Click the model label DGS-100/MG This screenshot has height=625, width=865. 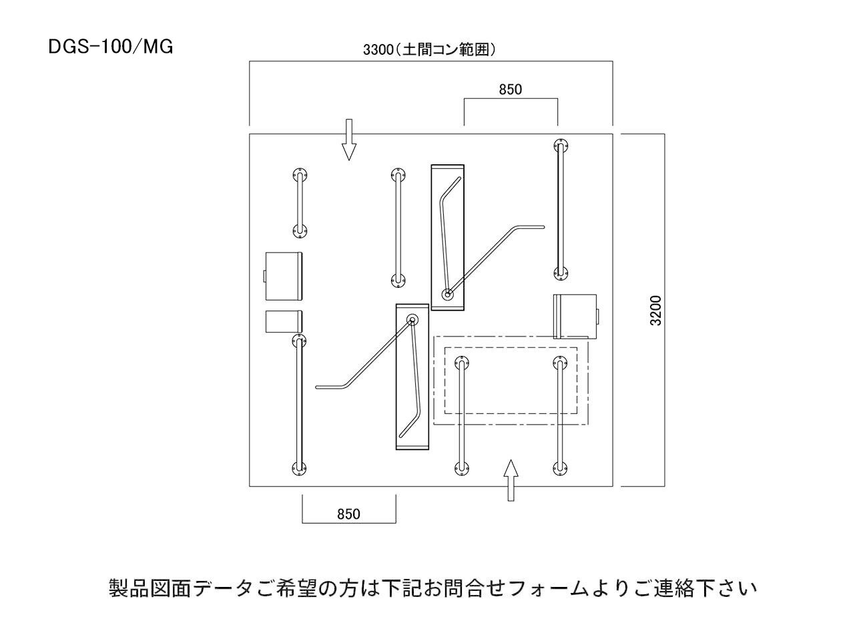coord(111,48)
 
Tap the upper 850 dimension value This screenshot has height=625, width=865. coord(511,89)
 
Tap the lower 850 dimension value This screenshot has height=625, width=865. coord(348,513)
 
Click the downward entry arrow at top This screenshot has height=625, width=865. coord(348,140)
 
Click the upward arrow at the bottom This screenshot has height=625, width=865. coord(511,479)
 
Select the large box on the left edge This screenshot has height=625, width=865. coord(284,276)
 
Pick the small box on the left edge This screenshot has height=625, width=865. coord(284,321)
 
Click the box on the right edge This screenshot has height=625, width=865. coord(575,317)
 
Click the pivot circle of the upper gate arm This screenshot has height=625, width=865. coord(447,293)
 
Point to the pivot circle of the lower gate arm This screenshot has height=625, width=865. coord(412,320)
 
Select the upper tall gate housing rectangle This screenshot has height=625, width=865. coord(447,237)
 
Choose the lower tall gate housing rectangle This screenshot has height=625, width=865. coord(412,377)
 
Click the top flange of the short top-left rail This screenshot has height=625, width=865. coord(299,176)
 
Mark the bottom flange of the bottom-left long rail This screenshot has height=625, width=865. coord(299,469)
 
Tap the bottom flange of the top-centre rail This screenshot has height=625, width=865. coord(398,280)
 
